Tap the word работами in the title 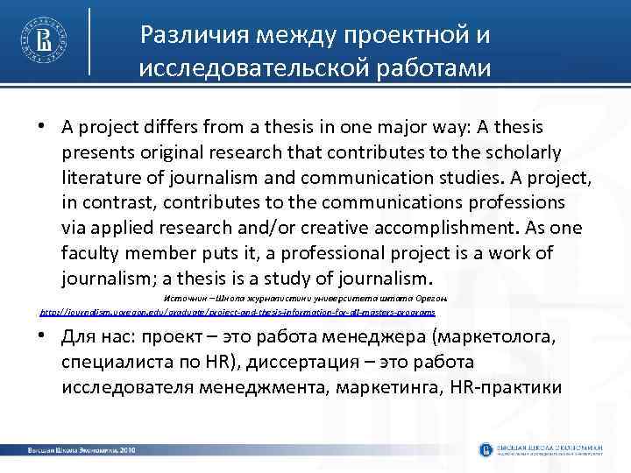435,68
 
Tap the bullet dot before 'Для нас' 41,336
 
